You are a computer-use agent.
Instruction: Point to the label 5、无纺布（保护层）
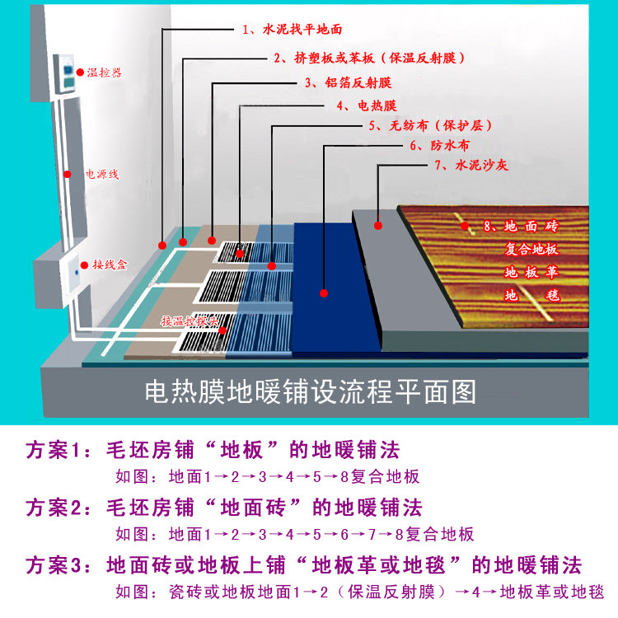[x=428, y=126]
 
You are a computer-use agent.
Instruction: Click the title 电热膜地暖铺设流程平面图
[x=310, y=391]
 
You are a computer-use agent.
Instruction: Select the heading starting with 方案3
[x=304, y=565]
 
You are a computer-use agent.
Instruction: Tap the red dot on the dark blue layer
[x=324, y=293]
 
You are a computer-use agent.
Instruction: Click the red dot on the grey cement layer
[x=378, y=224]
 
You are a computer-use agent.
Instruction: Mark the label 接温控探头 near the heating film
[x=190, y=321]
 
